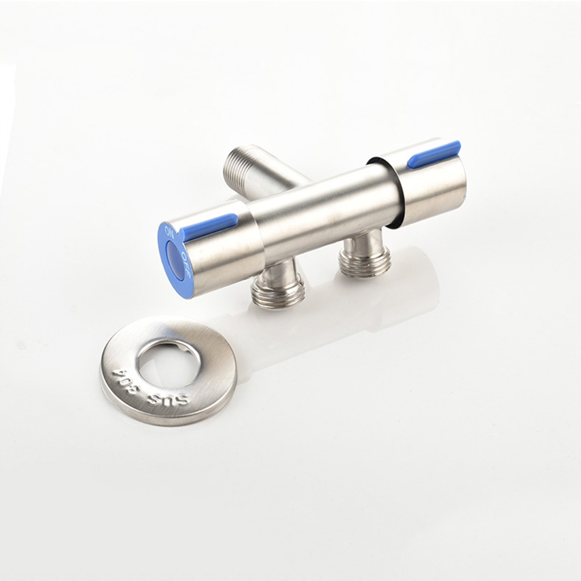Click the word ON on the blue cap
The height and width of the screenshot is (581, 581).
click(169, 233)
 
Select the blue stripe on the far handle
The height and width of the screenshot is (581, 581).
click(434, 153)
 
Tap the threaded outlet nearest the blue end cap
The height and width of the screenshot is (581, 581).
click(279, 290)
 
